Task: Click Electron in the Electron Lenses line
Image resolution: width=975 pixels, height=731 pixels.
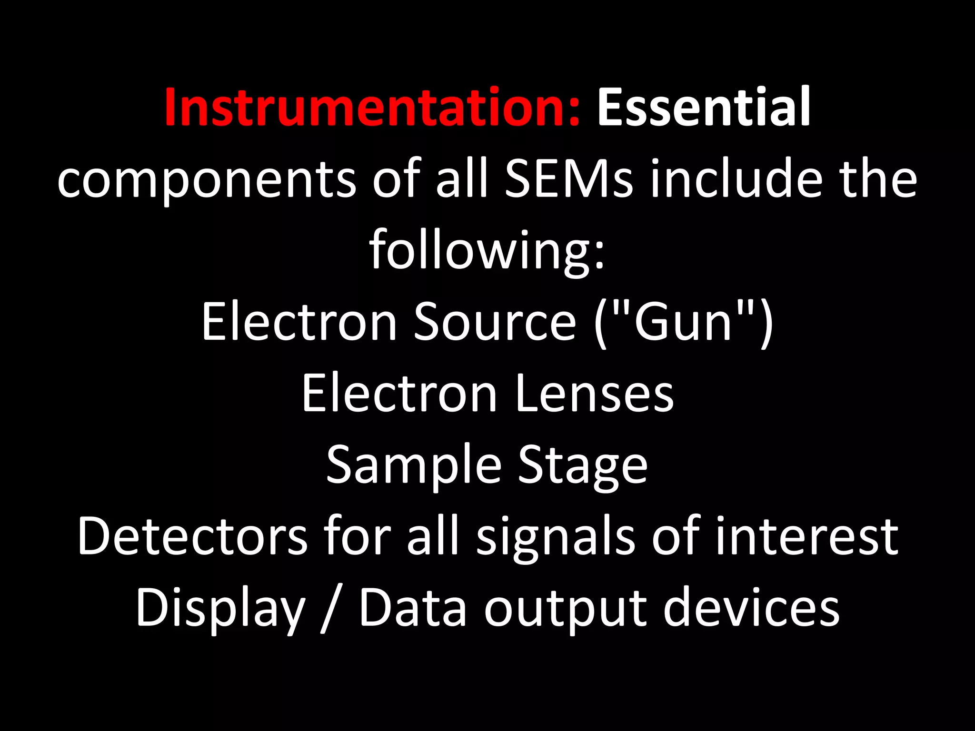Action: pyautogui.click(x=399, y=394)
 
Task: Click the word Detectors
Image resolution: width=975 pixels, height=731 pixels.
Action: pyautogui.click(x=192, y=537)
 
